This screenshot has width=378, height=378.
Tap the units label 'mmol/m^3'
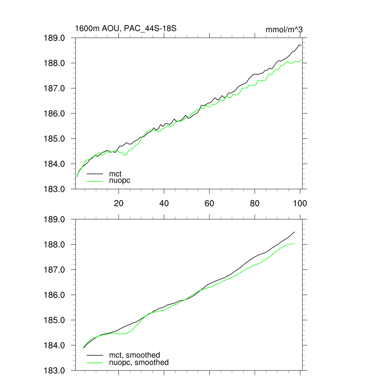pyautogui.click(x=284, y=30)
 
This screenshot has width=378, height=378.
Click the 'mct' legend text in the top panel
pyautogui.click(x=115, y=173)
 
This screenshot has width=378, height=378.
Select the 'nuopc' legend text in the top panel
pyautogui.click(x=120, y=181)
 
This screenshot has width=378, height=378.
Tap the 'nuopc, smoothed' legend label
pyautogui.click(x=139, y=362)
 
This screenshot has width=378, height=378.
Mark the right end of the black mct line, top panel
pyautogui.click(x=302, y=45)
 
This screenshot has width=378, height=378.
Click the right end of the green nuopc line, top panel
pyautogui.click(x=302, y=60)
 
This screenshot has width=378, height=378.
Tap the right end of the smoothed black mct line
pyautogui.click(x=295, y=232)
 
